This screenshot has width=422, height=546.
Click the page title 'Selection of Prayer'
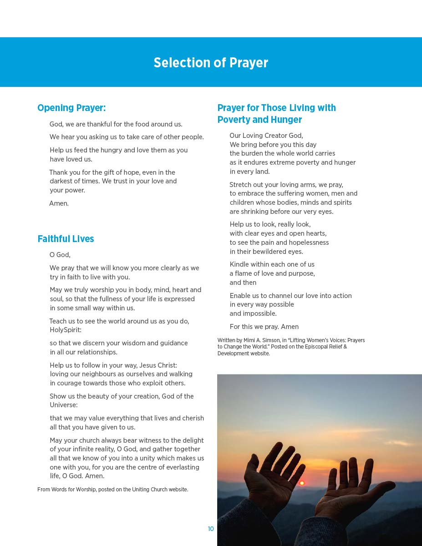(x=211, y=62)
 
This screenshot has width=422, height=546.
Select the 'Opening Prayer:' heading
(x=71, y=108)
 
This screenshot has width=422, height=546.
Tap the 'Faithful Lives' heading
(x=66, y=239)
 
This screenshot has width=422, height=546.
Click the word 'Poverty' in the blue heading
(x=233, y=120)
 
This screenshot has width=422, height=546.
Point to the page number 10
(x=211, y=529)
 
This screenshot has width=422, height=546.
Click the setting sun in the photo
(x=301, y=483)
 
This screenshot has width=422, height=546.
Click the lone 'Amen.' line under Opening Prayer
(x=59, y=203)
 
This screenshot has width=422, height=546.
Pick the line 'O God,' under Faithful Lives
(x=60, y=255)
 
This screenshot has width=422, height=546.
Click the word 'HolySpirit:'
(x=66, y=330)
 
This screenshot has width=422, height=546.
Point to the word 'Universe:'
(x=64, y=405)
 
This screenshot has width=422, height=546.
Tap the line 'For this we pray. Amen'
(x=264, y=327)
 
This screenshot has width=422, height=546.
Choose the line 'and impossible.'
(x=253, y=313)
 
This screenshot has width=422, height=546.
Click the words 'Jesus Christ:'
(x=158, y=365)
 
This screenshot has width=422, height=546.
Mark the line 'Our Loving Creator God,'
(x=266, y=136)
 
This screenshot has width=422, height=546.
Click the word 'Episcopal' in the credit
(x=320, y=347)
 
